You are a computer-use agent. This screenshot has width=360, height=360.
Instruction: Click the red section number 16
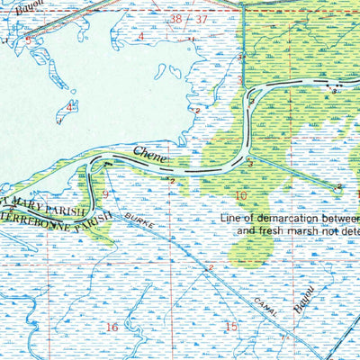[x=112, y=327]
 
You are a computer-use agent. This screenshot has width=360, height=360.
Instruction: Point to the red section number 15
[x=230, y=327]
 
